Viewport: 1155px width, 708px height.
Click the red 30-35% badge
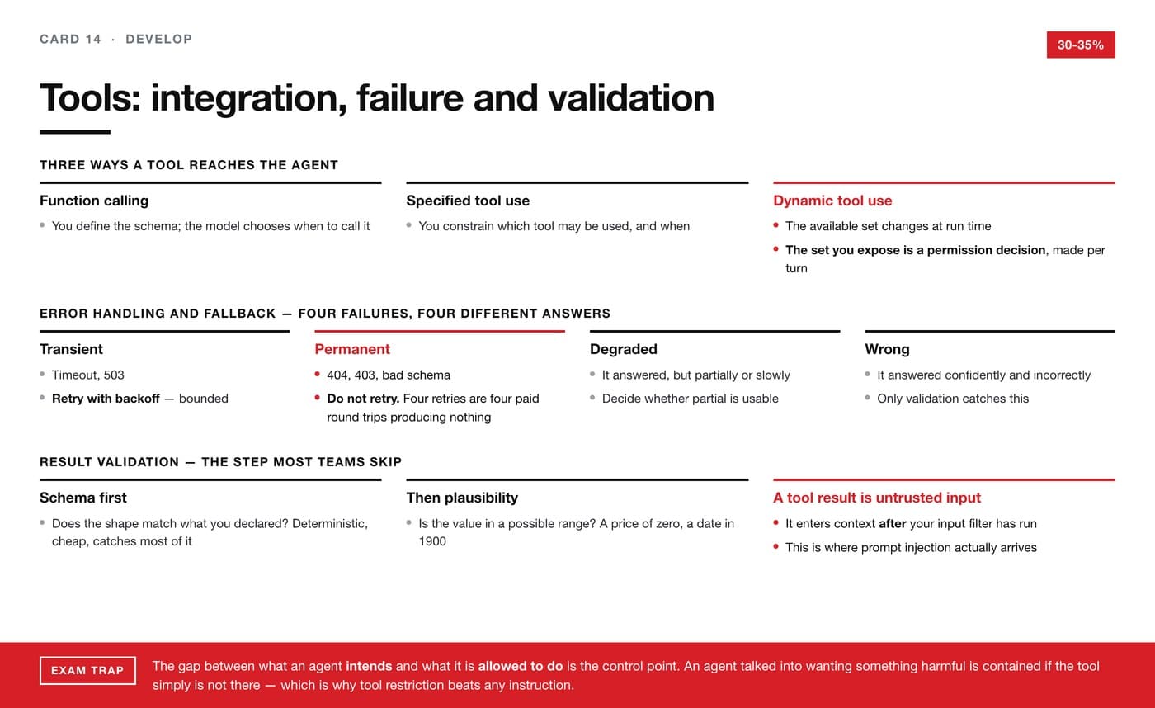(x=1081, y=45)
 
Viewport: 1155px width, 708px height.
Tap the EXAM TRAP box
(x=87, y=670)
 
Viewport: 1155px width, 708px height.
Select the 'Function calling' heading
(x=94, y=201)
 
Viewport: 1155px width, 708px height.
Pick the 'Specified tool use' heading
(x=468, y=201)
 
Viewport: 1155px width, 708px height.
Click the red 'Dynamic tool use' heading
(x=832, y=201)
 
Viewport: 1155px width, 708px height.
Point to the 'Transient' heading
(x=71, y=349)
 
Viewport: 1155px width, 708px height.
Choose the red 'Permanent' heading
(x=352, y=349)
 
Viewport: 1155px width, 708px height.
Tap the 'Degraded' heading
(x=624, y=349)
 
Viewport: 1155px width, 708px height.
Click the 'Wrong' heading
(x=887, y=349)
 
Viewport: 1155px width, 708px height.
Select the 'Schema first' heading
(x=83, y=498)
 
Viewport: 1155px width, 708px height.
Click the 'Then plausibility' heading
(x=462, y=498)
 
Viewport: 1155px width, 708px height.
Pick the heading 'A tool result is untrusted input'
(x=876, y=498)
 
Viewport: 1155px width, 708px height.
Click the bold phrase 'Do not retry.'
(x=363, y=399)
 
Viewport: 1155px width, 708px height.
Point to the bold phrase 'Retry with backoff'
(x=106, y=399)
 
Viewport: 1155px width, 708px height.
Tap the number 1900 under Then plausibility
(x=432, y=541)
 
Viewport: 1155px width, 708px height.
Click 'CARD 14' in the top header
(x=70, y=39)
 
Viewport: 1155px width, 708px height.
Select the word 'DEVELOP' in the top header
(x=158, y=39)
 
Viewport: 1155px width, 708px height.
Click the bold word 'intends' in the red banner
(x=369, y=666)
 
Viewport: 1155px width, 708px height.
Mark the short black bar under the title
(x=75, y=132)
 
